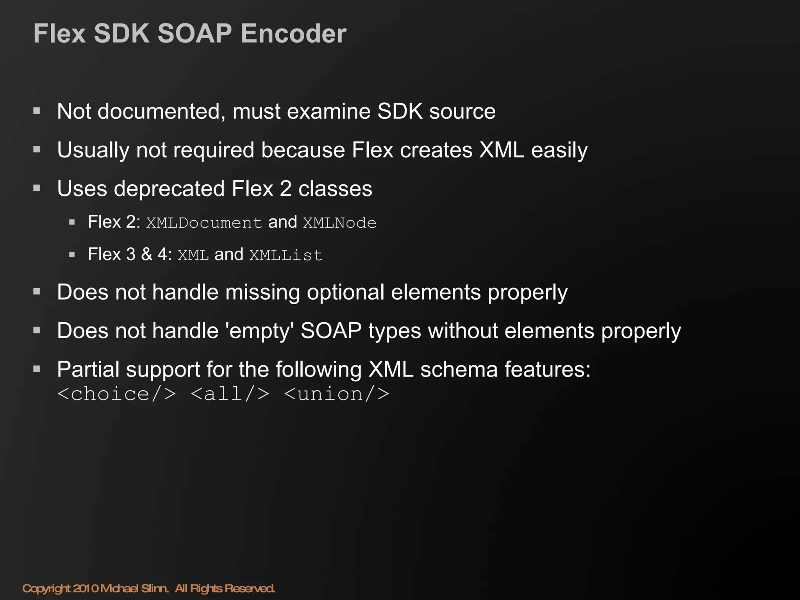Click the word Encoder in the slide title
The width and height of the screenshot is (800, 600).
pos(293,34)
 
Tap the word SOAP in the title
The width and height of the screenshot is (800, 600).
pos(195,34)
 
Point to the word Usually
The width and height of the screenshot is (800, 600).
pos(93,150)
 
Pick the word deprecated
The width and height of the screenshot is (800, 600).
pos(169,189)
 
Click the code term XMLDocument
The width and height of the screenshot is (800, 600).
pos(204,223)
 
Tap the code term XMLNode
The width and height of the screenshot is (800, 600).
pos(339,223)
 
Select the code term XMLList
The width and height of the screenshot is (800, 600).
pos(286,255)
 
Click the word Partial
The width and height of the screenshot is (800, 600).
pos(88,370)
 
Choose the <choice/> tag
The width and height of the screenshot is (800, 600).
pos(116,394)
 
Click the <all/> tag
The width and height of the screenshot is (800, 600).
pos(230,394)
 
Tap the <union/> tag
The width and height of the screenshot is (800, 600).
pos(337,394)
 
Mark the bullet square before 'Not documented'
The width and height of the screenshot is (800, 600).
pos(37,111)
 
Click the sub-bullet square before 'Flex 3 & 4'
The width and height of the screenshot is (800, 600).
pos(72,255)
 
